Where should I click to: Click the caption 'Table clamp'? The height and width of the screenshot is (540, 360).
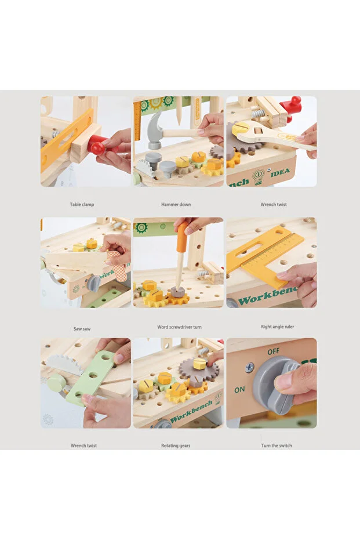(82, 205)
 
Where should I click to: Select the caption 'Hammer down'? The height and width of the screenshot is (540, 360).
(176, 205)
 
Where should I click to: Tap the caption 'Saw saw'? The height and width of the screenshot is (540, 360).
(82, 329)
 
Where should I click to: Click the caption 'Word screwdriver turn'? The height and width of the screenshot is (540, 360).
(179, 327)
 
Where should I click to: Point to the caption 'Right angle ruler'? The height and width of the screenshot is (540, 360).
(277, 327)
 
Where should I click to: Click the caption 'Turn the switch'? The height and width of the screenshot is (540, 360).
(277, 446)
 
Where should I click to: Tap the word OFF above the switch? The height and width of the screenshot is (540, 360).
(273, 351)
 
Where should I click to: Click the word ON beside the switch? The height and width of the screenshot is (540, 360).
(239, 390)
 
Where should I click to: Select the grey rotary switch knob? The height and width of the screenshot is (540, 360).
(272, 385)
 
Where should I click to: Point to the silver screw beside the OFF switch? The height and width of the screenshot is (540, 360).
(250, 367)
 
